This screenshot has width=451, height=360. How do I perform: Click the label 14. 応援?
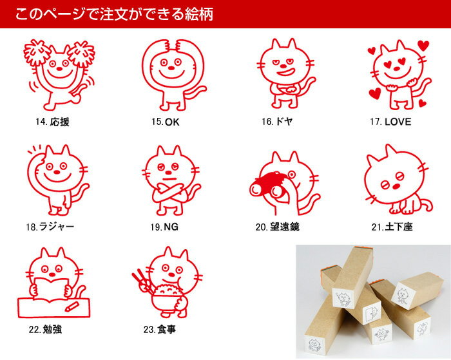(52, 122)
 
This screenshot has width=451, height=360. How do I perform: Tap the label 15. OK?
(166, 122)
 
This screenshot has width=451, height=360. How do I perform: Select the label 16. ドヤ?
(277, 122)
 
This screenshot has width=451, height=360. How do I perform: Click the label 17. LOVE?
(390, 122)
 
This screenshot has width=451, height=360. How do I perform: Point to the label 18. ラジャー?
(50, 227)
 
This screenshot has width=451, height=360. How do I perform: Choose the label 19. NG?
(164, 227)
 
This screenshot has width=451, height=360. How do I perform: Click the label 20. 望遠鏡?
(277, 227)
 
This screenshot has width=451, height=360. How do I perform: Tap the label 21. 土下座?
(392, 227)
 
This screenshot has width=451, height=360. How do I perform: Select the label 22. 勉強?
(45, 329)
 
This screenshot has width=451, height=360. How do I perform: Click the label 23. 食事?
(160, 329)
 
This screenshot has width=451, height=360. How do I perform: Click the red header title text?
(114, 14)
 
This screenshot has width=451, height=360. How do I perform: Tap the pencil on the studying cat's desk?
(72, 307)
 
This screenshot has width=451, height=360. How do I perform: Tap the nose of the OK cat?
(171, 68)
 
